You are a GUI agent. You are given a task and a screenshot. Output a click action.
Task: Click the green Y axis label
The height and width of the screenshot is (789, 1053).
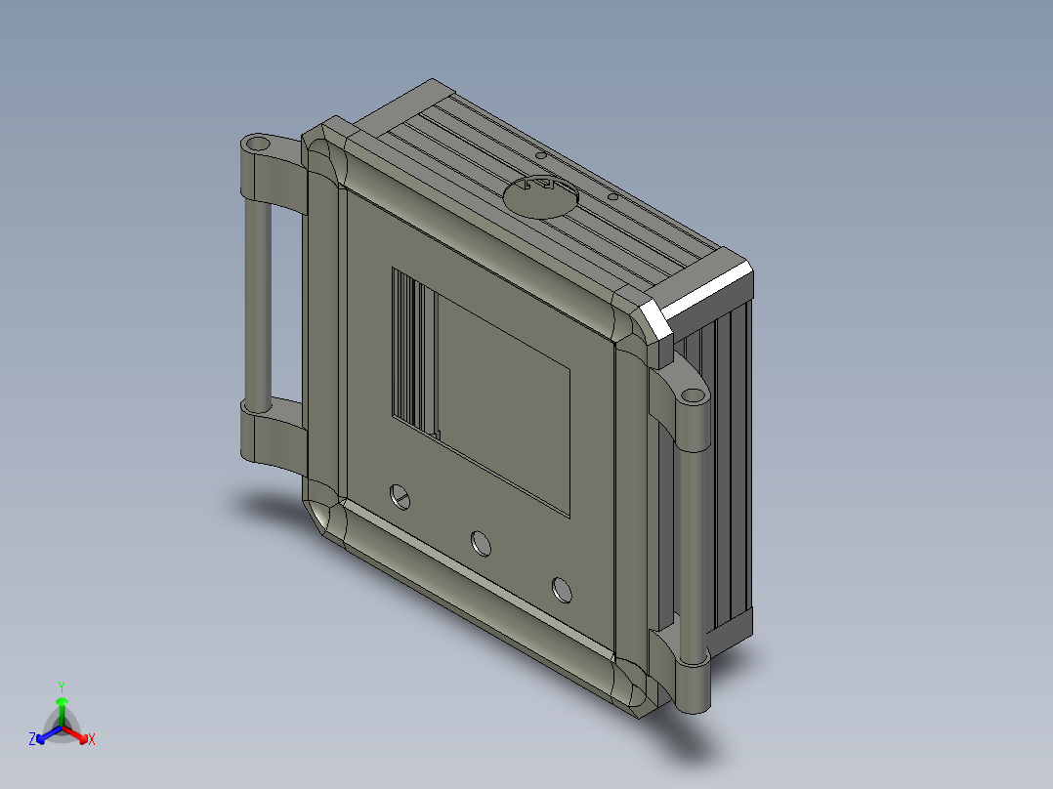[62, 686]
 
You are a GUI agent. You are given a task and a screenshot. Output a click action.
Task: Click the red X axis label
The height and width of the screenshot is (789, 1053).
[92, 739]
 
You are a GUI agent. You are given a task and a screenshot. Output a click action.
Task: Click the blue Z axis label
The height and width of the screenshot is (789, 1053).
[32, 739]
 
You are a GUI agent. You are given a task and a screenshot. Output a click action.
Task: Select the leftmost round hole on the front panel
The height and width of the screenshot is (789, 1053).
[400, 497]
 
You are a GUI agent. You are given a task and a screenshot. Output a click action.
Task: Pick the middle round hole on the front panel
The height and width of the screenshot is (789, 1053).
[481, 543]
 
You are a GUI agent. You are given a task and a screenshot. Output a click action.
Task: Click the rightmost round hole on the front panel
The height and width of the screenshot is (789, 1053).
[562, 590]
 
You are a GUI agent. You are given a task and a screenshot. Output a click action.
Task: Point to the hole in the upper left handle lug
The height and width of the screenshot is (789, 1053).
[257, 143]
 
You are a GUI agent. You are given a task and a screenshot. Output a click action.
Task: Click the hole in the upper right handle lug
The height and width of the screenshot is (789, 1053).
[691, 395]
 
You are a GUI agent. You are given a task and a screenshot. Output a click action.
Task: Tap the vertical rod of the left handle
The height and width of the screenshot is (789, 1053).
[258, 301]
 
